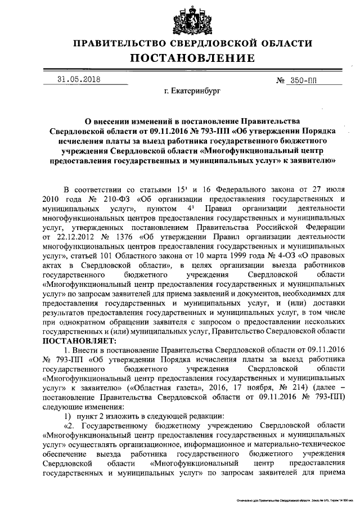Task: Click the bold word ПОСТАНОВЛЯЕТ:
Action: coord(78,341)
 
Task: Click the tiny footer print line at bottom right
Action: coord(295,499)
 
